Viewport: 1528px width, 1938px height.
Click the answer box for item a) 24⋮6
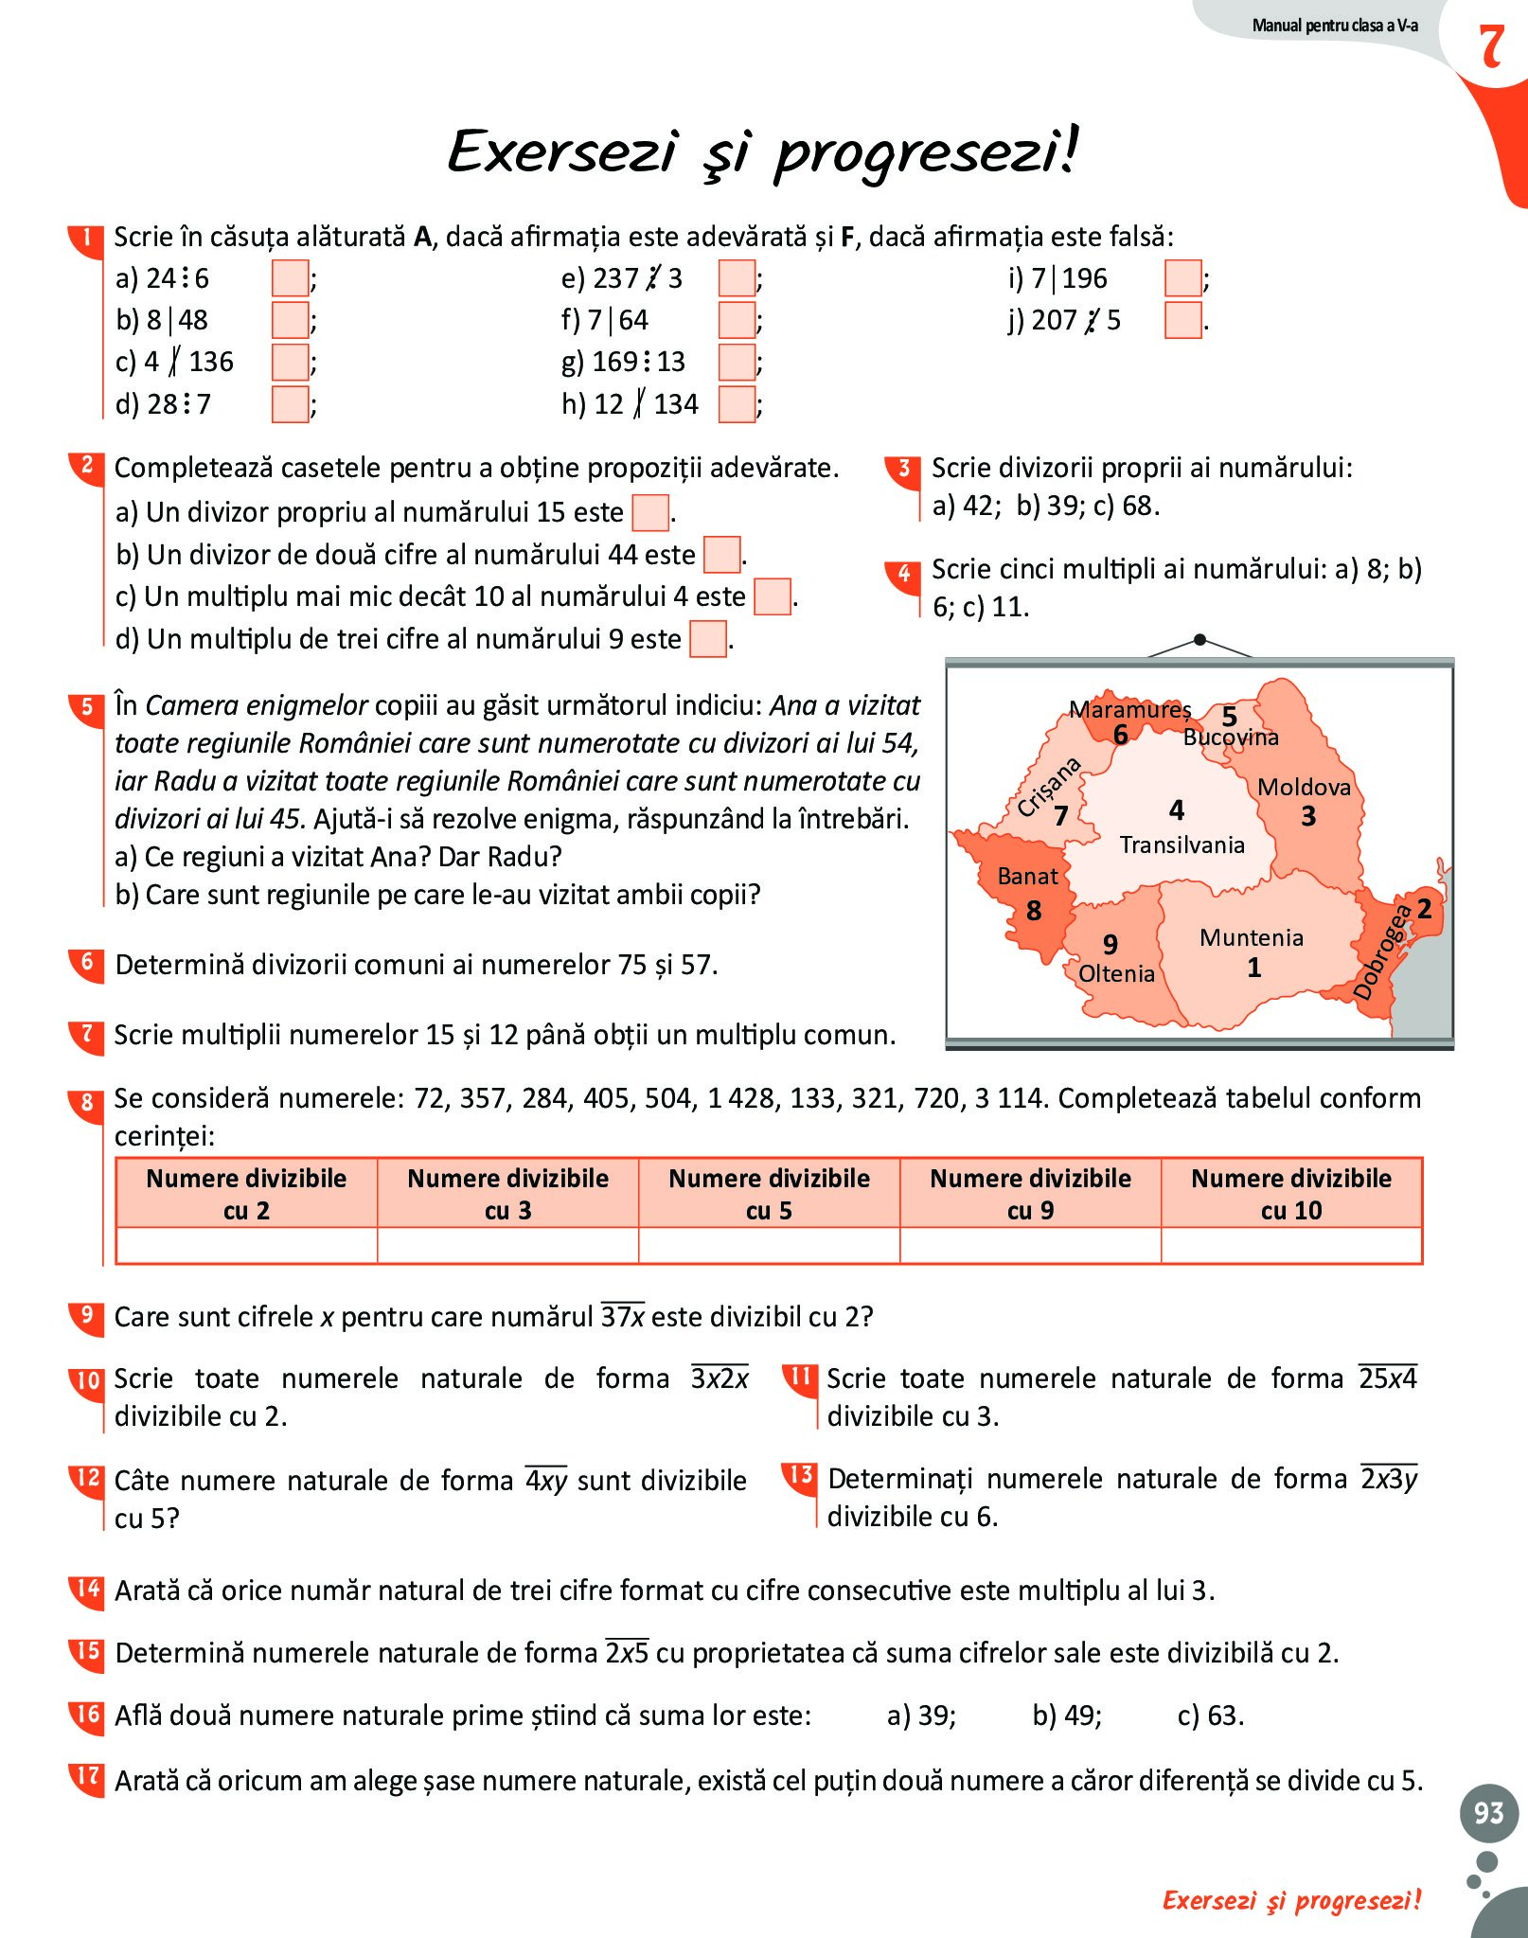[x=290, y=278]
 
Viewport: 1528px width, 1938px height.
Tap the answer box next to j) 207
[x=1182, y=320]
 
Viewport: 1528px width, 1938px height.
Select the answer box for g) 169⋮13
[x=737, y=362]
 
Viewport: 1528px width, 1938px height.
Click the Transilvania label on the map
[x=1182, y=845]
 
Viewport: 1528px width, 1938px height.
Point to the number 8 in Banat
[x=1034, y=911]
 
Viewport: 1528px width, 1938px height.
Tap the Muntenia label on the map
[x=1251, y=937]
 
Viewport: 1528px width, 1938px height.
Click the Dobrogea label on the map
[x=1382, y=951]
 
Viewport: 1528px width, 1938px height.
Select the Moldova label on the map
[x=1304, y=787]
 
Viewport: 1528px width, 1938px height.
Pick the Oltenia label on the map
[x=1116, y=973]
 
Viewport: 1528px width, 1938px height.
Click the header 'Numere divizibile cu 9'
[x=1030, y=1193]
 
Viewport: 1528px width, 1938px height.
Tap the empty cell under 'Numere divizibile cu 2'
[x=246, y=1245]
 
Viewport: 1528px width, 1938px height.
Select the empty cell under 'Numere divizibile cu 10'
[x=1291, y=1245]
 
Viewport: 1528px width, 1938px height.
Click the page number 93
[x=1488, y=1812]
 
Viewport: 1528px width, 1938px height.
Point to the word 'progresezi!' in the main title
[x=926, y=153]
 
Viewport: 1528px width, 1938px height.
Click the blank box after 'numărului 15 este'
[x=650, y=513]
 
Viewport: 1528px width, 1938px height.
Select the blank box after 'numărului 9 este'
[x=707, y=639]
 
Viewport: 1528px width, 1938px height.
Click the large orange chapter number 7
[x=1491, y=47]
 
